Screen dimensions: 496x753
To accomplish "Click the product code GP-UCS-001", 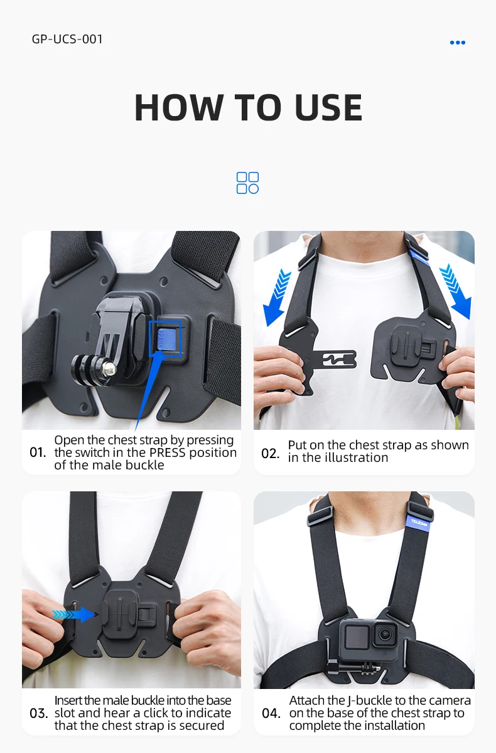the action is pos(67,39).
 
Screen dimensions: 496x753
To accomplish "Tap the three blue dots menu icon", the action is pos(457,43).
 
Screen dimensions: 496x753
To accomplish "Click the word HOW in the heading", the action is pos(179,107).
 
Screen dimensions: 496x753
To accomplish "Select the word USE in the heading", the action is pos(328,107).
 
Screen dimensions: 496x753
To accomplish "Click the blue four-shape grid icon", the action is pos(247,183).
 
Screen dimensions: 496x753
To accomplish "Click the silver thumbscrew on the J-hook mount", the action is pos(109,369).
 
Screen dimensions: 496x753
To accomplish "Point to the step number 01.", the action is pos(38,452).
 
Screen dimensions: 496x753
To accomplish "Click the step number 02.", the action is pos(270,454).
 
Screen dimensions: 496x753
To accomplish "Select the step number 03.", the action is pos(38,713).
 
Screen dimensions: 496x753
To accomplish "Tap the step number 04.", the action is pos(271,713).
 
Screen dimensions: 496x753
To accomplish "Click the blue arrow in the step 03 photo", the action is pos(73,614).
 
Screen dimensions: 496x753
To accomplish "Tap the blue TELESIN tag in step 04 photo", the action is pos(419,523).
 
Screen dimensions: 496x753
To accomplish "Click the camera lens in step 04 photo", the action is pos(385,634).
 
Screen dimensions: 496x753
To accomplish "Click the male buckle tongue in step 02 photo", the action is pos(334,359).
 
